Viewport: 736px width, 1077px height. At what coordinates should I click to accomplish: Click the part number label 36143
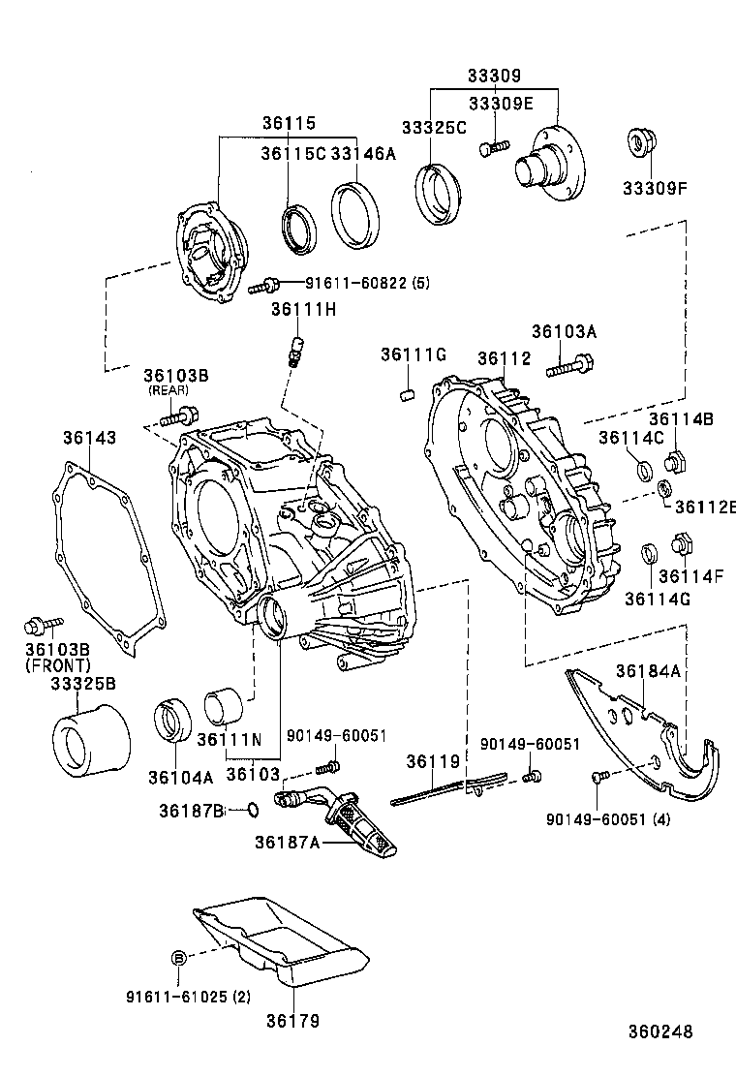tap(90, 438)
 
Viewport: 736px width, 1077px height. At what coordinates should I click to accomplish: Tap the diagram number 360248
tap(659, 1032)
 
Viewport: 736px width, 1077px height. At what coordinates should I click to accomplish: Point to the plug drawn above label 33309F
tap(640, 141)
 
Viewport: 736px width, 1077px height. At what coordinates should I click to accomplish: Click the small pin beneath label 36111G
tap(408, 394)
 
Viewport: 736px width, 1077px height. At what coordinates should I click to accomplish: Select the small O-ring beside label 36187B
tap(252, 809)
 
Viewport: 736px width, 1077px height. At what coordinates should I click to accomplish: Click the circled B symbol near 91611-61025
tap(178, 957)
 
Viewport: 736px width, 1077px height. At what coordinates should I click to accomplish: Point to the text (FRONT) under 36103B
tap(57, 665)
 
